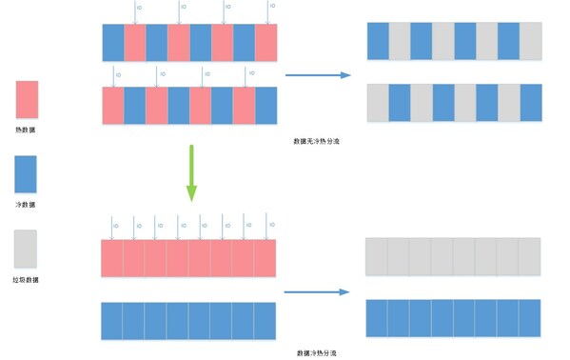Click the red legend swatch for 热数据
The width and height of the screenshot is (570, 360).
[x=27, y=99]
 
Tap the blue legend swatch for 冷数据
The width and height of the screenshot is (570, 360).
[x=27, y=174]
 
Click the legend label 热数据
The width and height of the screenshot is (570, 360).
[x=27, y=129]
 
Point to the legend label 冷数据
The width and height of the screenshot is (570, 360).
[x=27, y=204]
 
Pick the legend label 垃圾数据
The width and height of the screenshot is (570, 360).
[x=27, y=279]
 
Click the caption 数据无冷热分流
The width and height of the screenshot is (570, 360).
[x=317, y=141]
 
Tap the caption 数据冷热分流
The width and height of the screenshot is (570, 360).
[x=317, y=352]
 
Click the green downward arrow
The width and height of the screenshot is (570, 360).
[x=191, y=172]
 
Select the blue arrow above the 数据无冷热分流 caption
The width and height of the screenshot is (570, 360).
[x=318, y=76]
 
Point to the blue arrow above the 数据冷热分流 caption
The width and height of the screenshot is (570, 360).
[x=318, y=290]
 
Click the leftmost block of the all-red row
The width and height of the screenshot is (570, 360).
[x=113, y=258]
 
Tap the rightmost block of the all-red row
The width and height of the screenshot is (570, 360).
[x=265, y=258]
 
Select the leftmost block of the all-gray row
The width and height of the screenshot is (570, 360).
[x=377, y=257]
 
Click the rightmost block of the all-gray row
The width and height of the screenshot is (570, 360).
[x=529, y=257]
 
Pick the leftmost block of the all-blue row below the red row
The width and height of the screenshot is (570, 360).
[x=113, y=320]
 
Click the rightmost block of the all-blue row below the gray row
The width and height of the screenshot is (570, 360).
[x=529, y=317]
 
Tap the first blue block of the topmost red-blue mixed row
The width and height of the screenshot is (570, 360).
[x=113, y=43]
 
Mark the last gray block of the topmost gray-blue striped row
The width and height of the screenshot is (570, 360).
[x=530, y=42]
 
